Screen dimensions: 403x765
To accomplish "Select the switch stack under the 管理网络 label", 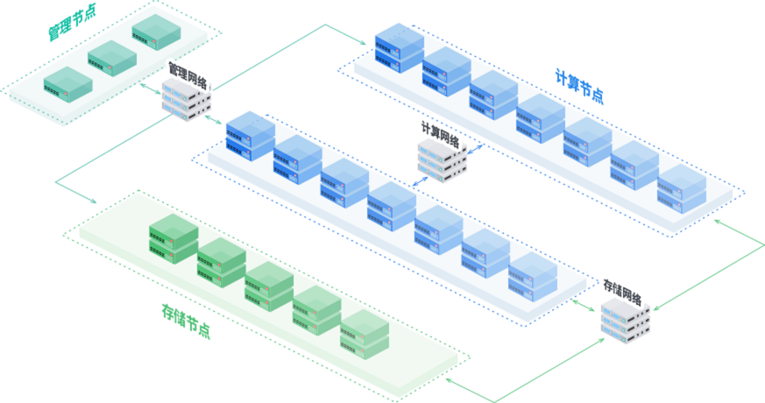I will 186,102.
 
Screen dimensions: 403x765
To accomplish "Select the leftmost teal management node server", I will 67,81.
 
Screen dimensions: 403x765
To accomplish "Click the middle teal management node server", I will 112,58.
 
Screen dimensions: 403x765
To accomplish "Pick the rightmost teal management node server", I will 157,33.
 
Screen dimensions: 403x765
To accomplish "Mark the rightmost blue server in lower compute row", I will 533,279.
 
